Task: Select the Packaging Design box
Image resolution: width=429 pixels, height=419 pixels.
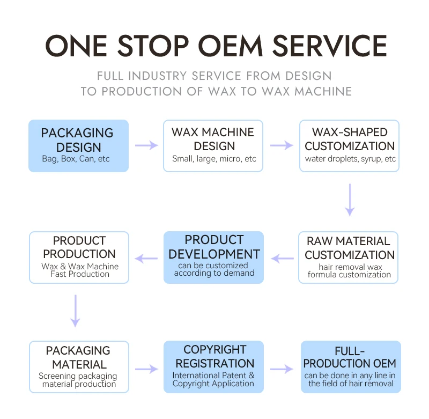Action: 78,145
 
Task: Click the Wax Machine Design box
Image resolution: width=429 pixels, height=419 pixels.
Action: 213,145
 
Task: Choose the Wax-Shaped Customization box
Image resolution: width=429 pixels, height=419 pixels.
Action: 350,145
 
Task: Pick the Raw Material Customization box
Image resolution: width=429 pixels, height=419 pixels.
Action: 350,257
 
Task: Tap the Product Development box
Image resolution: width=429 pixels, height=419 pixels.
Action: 213,257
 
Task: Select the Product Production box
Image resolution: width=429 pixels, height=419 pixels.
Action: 79,257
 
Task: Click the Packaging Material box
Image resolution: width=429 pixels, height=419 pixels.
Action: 79,366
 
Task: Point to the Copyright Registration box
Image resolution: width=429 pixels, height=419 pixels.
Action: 213,366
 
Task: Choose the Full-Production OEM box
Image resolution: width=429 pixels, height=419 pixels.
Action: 351,366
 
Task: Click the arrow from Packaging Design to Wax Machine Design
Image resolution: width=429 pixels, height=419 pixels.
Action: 146,145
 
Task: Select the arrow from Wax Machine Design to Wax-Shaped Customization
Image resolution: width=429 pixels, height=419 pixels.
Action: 282,145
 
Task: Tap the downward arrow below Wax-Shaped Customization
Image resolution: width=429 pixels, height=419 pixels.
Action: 350,200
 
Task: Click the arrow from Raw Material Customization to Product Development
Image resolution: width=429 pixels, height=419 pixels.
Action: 282,259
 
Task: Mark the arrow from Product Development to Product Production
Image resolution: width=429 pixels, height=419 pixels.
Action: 146,259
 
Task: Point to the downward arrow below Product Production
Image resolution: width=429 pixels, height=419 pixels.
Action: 75,310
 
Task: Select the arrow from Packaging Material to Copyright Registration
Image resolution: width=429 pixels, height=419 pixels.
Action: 146,369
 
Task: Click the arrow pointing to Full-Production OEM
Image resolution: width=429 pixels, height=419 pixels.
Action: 282,369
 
